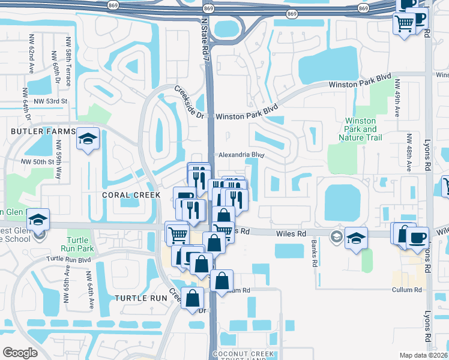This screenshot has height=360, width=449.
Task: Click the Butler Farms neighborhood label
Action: pos(42,131)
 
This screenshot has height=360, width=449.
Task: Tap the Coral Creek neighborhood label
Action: pos(131,195)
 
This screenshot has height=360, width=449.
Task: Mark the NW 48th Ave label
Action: pos(408,152)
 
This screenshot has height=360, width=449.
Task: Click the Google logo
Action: pos(20,353)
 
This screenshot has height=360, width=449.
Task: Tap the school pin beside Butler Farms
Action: pos(88,140)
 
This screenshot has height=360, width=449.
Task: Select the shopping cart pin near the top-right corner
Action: pos(404,24)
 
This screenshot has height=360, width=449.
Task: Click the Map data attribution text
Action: pos(423,355)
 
